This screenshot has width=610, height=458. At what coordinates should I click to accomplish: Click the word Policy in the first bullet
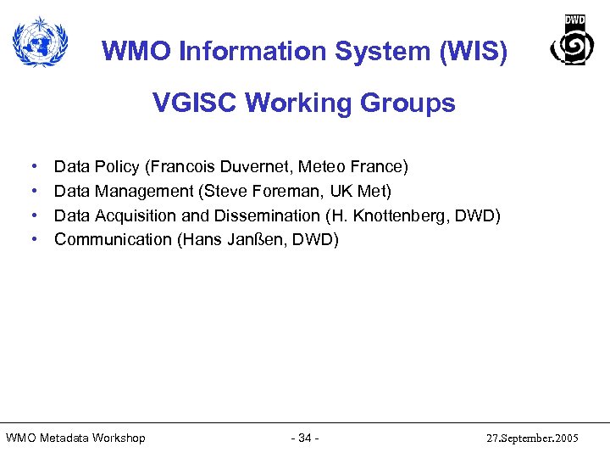point(117,166)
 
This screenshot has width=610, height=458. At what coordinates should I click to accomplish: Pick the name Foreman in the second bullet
point(282,191)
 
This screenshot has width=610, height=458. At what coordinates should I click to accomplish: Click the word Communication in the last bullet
point(113,239)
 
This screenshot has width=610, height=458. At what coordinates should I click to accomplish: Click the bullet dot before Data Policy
point(32,167)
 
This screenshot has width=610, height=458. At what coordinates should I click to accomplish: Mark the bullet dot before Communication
point(32,240)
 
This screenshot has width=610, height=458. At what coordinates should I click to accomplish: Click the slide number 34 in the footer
point(304,438)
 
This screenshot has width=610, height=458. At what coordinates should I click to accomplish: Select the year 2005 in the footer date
point(563,438)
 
